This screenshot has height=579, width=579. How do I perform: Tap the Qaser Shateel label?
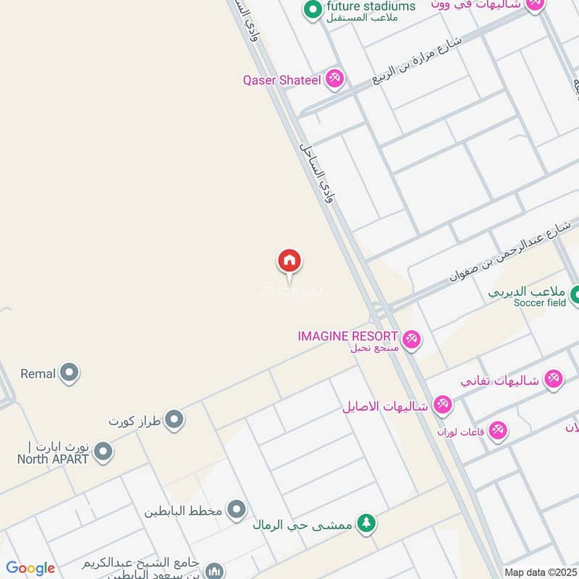click(282, 80)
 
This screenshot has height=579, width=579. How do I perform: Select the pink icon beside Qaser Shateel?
click(334, 79)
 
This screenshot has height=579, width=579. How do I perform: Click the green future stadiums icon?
click(313, 9)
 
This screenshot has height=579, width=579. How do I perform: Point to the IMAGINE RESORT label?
click(348, 337)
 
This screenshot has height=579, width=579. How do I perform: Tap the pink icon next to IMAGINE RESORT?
click(411, 339)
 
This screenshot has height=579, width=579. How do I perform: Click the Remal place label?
click(38, 373)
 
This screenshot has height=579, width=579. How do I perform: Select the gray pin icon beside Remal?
click(69, 373)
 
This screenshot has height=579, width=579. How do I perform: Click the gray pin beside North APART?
click(103, 453)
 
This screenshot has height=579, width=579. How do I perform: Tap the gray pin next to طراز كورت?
click(174, 420)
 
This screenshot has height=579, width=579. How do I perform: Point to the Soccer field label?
click(540, 303)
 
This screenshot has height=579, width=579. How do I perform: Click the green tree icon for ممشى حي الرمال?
click(368, 523)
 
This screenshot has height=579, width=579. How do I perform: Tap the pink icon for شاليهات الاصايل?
click(442, 405)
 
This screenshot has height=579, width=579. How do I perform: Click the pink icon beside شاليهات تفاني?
click(553, 379)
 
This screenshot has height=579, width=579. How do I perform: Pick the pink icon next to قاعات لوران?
click(497, 431)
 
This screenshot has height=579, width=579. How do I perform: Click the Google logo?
click(30, 568)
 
